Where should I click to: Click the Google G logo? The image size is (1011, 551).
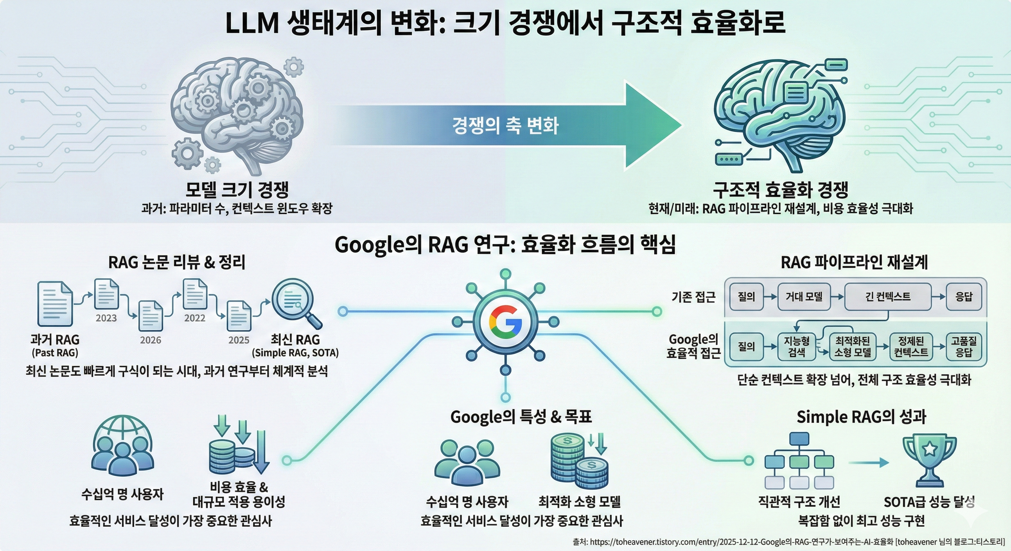[x=505, y=322]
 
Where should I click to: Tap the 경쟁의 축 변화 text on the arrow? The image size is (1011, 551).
[x=505, y=126]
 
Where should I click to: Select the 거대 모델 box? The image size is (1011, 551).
[x=804, y=296]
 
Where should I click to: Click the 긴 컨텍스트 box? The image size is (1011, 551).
[x=887, y=296]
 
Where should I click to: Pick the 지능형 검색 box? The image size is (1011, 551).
[x=796, y=347]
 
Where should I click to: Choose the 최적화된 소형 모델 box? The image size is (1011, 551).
[x=852, y=347]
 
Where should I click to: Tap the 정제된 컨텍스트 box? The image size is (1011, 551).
[x=911, y=347]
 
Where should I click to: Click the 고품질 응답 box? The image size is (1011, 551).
[x=964, y=347]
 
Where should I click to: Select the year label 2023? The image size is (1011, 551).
[x=106, y=318]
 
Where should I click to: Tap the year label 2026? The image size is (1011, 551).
[x=151, y=340]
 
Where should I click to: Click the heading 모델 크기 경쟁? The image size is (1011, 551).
[x=237, y=190]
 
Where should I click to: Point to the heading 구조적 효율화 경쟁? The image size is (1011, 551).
[x=780, y=190]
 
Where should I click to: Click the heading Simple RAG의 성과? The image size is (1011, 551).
[x=861, y=417]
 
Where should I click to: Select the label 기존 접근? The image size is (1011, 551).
[x=693, y=297]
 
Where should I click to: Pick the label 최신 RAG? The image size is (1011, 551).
[x=295, y=340]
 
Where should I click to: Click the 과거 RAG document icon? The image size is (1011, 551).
[x=55, y=304]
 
